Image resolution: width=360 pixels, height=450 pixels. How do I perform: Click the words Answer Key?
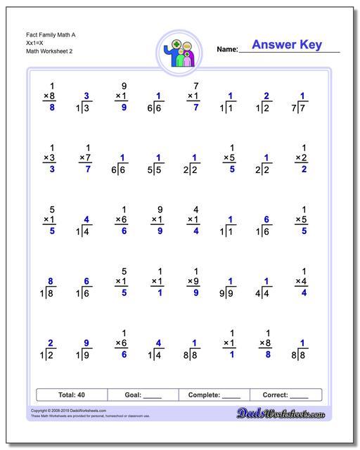pyautogui.click(x=287, y=45)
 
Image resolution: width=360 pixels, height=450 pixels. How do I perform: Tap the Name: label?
pyautogui.click(x=227, y=49)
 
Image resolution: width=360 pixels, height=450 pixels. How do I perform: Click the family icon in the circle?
pyautogui.click(x=180, y=53)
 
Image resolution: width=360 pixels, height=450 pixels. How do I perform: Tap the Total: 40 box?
pyautogui.click(x=71, y=394)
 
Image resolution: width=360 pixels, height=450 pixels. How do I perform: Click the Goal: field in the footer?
pyautogui.click(x=143, y=394)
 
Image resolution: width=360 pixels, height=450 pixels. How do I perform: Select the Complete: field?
pyautogui.click(x=214, y=394)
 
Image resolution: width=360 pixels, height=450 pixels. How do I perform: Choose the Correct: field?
pyautogui.click(x=285, y=394)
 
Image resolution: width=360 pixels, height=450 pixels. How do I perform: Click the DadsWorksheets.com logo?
pyautogui.click(x=290, y=413)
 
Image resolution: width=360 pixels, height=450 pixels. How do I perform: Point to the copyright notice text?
pyautogui.click(x=84, y=411)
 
